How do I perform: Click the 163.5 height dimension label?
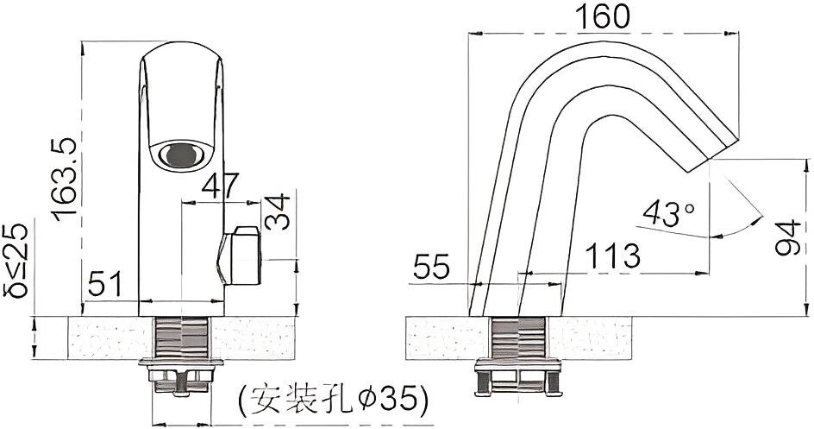(66, 180)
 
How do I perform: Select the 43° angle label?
(668, 213)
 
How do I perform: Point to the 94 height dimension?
(788, 237)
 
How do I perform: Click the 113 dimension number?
(612, 255)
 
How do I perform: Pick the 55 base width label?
(431, 268)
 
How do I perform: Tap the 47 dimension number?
(220, 186)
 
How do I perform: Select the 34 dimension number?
(277, 211)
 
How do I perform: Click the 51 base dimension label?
(105, 284)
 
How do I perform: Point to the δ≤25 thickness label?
(16, 260)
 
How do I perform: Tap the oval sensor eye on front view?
(181, 155)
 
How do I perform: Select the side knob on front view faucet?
(240, 256)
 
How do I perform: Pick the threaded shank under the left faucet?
(182, 338)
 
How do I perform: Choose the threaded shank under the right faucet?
(518, 338)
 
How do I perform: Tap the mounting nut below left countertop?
(181, 377)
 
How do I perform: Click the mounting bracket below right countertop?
(518, 377)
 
